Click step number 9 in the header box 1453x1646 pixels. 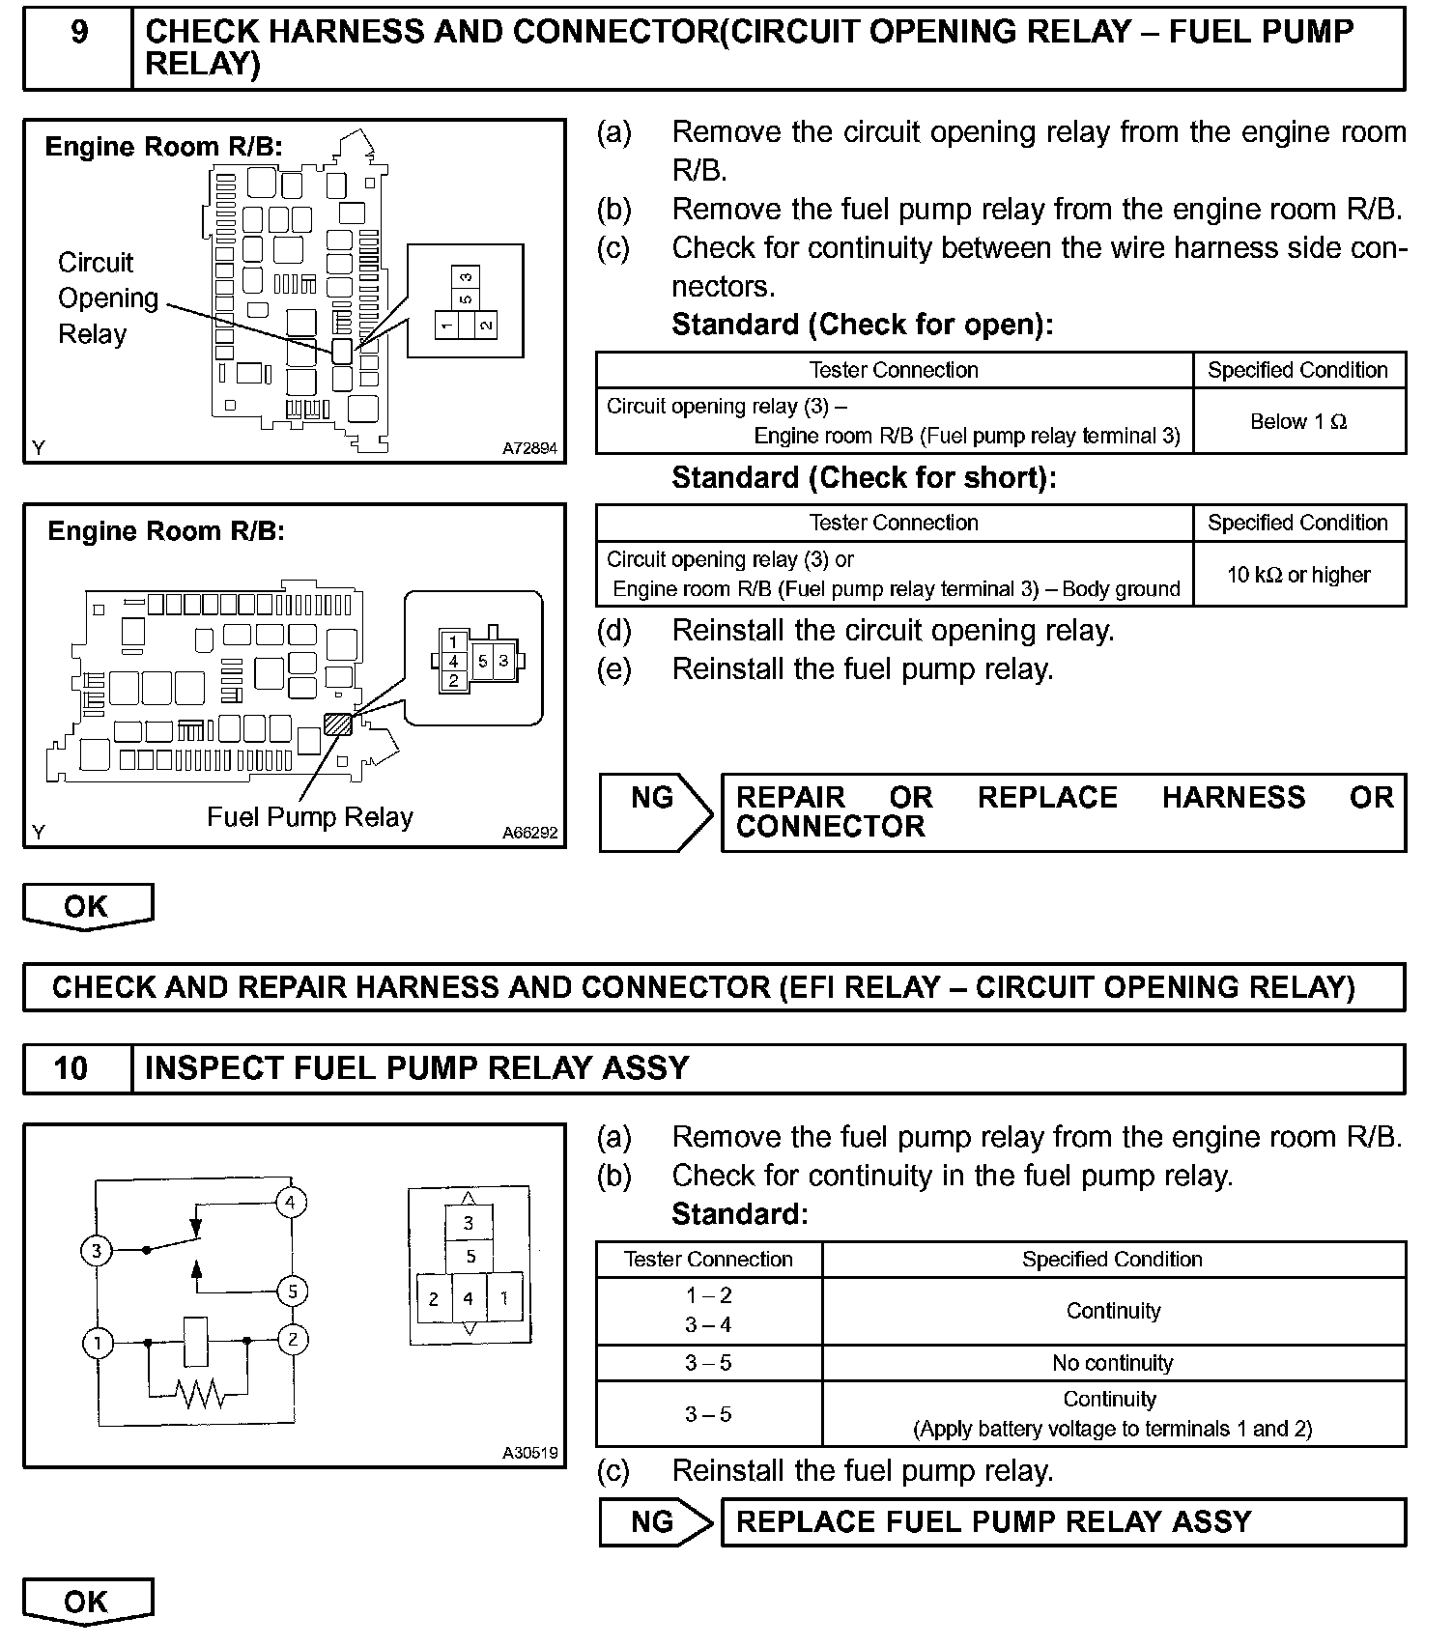(x=78, y=33)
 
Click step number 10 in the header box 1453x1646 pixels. (x=71, y=1067)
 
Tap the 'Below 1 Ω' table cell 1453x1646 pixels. (x=1297, y=421)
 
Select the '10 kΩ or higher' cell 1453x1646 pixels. (x=1297, y=575)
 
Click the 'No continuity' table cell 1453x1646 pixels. (x=1112, y=1363)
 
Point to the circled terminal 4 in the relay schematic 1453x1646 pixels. (x=291, y=1203)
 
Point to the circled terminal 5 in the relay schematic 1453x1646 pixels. (x=292, y=1291)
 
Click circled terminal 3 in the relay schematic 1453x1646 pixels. (x=96, y=1252)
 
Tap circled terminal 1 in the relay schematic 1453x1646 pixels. (x=98, y=1343)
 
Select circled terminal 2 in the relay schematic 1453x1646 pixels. (x=292, y=1340)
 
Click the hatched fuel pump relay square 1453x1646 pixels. (x=337, y=724)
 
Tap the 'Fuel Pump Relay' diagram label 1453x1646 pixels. (x=309, y=817)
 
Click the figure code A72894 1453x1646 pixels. (x=529, y=448)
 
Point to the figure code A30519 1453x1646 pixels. (x=529, y=1453)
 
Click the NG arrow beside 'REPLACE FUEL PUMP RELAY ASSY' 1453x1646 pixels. (x=655, y=1522)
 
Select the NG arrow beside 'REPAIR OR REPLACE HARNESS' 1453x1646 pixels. (x=655, y=812)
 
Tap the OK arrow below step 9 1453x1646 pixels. (x=87, y=907)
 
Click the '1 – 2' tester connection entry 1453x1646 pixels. (x=708, y=1295)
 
